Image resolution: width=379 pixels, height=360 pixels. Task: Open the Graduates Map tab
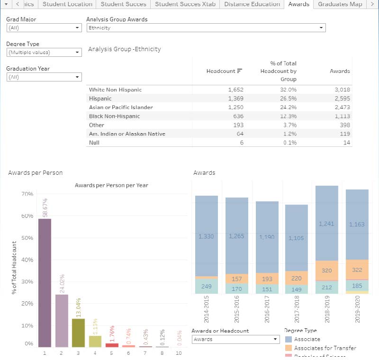click(340, 4)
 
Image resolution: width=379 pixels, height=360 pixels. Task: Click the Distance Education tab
click(252, 4)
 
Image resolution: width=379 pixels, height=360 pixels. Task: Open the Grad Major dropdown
click(44, 28)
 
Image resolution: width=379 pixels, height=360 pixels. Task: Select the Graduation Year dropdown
click(44, 77)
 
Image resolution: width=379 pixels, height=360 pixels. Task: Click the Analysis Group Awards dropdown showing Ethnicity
click(206, 28)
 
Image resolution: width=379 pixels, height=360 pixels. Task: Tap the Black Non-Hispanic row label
click(114, 116)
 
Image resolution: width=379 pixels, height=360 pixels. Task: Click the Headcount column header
click(221, 71)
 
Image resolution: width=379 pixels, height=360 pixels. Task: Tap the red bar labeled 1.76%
click(112, 345)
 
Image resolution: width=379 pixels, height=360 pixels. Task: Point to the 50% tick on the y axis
click(27, 238)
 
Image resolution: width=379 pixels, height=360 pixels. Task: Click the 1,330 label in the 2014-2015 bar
click(206, 236)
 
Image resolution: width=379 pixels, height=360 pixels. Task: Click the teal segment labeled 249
click(206, 286)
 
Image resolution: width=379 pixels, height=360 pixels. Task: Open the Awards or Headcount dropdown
click(236, 339)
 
